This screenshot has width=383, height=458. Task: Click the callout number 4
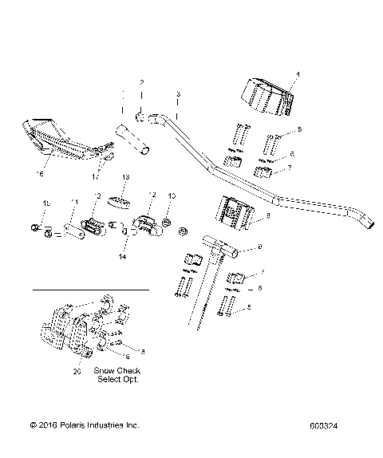298,74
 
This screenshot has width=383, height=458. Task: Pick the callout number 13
125,176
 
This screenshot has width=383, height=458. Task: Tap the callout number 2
141,82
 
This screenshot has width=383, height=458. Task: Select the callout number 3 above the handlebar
179,93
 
